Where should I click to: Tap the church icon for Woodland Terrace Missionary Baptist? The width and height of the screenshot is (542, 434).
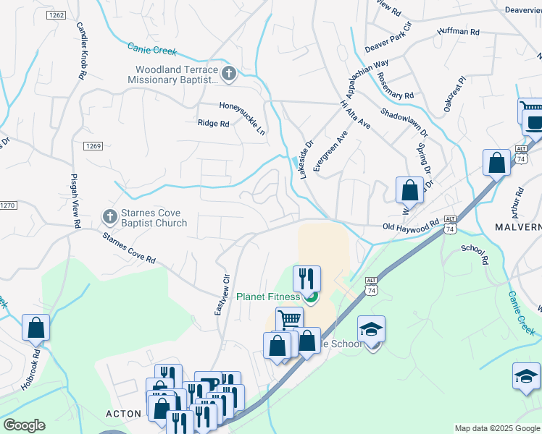tap(229, 72)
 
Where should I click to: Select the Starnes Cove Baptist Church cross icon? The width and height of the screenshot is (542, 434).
tap(109, 216)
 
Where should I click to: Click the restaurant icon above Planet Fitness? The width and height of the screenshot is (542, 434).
tap(307, 278)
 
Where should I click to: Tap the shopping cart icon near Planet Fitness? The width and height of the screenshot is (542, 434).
tap(289, 319)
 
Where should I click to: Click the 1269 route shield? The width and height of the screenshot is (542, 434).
tap(93, 146)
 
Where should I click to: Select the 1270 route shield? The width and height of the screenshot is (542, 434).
tap(6, 205)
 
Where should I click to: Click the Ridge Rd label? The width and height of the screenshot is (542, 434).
tap(213, 124)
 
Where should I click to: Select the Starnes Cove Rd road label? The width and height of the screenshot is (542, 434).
tap(129, 248)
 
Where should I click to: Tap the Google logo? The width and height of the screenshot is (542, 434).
tap(24, 425)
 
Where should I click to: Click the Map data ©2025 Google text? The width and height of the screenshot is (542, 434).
tap(497, 428)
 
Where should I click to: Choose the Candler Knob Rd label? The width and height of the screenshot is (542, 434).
tap(81, 50)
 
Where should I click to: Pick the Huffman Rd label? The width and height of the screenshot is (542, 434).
tap(458, 32)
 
